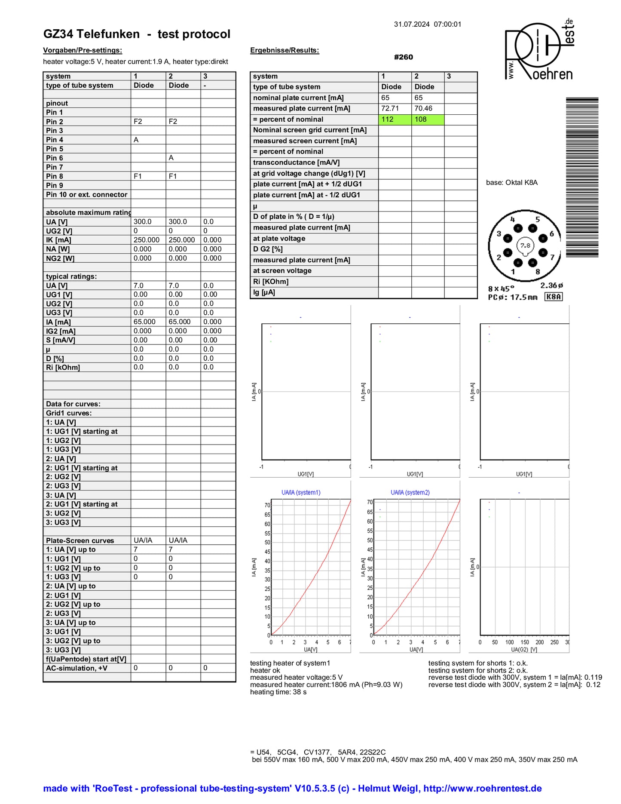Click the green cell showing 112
[x=395, y=120]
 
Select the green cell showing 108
[x=428, y=120]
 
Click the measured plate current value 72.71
[x=390, y=108]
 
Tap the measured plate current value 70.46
[x=423, y=108]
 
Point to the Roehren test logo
[x=539, y=51]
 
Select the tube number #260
[x=403, y=57]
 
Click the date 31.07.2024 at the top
[x=412, y=25]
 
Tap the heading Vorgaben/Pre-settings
[x=83, y=50]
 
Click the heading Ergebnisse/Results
[x=284, y=50]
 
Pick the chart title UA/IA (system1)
[x=301, y=493]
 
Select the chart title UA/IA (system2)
[x=410, y=493]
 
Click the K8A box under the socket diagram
[x=553, y=297]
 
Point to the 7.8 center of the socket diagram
[x=525, y=245]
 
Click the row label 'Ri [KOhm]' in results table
[x=271, y=282]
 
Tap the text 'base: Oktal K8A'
[x=511, y=183]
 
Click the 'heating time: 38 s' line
[x=278, y=692]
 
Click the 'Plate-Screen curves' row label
[x=80, y=540]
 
